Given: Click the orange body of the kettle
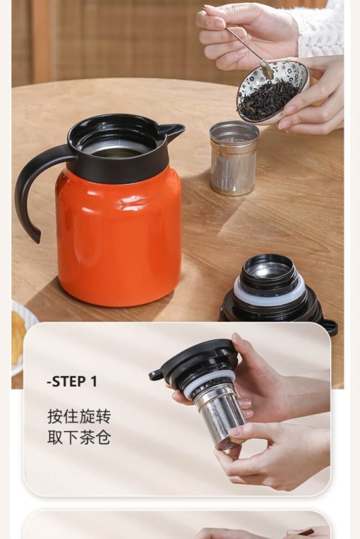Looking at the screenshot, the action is (x=118, y=237).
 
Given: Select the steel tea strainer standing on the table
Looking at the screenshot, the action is (x=234, y=158).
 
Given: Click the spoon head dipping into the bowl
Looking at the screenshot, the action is (x=267, y=69).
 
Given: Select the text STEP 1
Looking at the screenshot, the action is (x=72, y=381).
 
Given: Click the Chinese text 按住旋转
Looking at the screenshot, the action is (x=79, y=416).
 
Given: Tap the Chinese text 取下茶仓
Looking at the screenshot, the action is (x=79, y=437).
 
